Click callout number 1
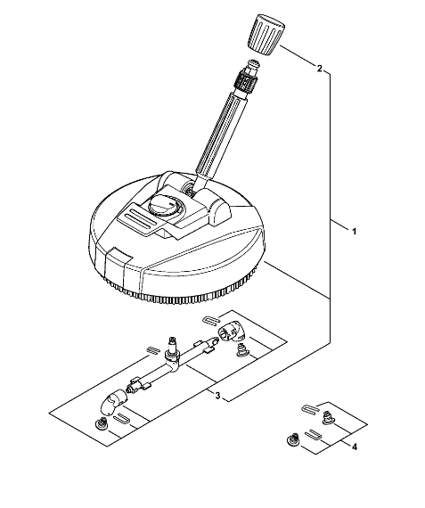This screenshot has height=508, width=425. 355,232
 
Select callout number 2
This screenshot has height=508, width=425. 319,69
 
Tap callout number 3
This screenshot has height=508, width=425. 217,396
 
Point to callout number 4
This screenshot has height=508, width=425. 355,447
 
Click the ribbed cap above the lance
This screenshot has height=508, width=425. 266,36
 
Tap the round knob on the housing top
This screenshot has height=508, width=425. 164,206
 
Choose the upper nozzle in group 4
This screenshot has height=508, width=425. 329,416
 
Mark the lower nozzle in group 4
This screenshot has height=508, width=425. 293,439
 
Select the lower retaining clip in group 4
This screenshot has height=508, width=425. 313,433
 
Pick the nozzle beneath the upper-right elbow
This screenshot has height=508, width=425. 241,351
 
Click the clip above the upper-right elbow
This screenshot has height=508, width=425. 210,321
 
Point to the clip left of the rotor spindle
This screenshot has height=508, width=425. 152,349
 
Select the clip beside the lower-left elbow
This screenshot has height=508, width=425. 122,418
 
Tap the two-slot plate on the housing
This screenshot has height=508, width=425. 136,219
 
